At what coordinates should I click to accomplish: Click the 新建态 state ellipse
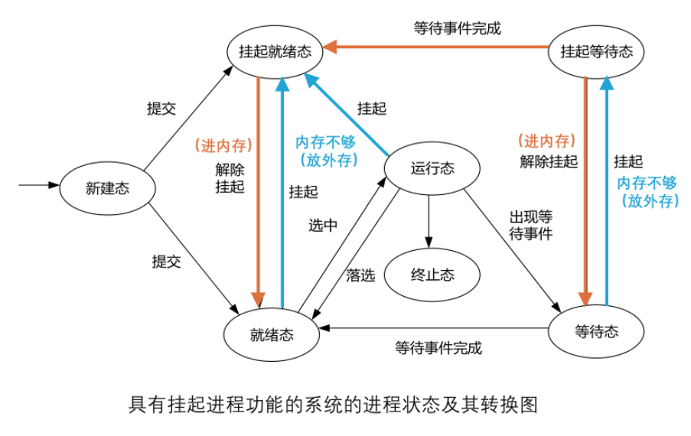(108, 188)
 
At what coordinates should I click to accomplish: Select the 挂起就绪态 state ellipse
(275, 51)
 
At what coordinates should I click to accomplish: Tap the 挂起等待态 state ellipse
(597, 51)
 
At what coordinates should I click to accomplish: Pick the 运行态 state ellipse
(432, 169)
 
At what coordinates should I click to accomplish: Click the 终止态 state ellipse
(432, 275)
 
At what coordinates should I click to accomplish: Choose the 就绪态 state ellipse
(272, 334)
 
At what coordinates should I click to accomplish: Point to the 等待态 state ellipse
(596, 331)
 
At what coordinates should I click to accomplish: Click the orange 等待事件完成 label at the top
(458, 29)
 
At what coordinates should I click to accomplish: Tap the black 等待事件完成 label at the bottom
(438, 347)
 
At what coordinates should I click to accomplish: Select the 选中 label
(323, 225)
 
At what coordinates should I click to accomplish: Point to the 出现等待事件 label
(531, 225)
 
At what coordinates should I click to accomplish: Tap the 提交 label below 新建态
(167, 262)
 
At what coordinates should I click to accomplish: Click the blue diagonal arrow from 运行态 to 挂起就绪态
(349, 114)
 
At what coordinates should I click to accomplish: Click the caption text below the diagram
(334, 405)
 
